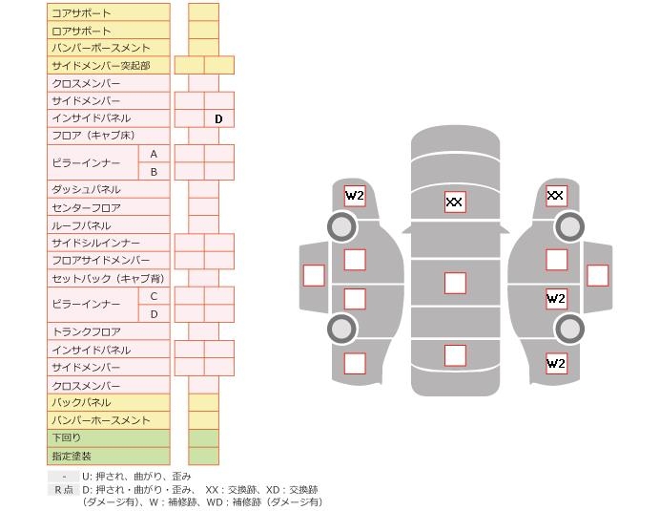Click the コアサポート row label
pyautogui.click(x=108, y=13)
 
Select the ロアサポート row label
pyautogui.click(x=108, y=31)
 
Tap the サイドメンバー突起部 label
pyautogui.click(x=108, y=65)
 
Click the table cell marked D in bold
pyautogui.click(x=218, y=118)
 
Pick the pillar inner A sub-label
pyautogui.click(x=154, y=154)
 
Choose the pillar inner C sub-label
pyautogui.click(x=154, y=296)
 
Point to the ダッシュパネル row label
pyautogui.click(x=108, y=189)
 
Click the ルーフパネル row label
pyautogui.click(x=108, y=225)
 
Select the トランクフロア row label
pyautogui.click(x=108, y=331)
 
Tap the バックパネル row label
pyautogui.click(x=108, y=402)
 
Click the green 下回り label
pyautogui.click(x=108, y=437)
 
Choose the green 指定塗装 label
pyautogui.click(x=108, y=456)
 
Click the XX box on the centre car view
pyautogui.click(x=455, y=202)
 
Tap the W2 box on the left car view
pyautogui.click(x=355, y=196)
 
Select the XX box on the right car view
pyautogui.click(x=556, y=196)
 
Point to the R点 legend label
pyautogui.click(x=64, y=489)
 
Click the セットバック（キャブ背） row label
pyautogui.click(x=108, y=278)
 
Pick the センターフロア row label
pyautogui.click(x=108, y=207)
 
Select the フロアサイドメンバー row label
pyautogui.click(x=108, y=260)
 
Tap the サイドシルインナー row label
pyautogui.click(x=108, y=243)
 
